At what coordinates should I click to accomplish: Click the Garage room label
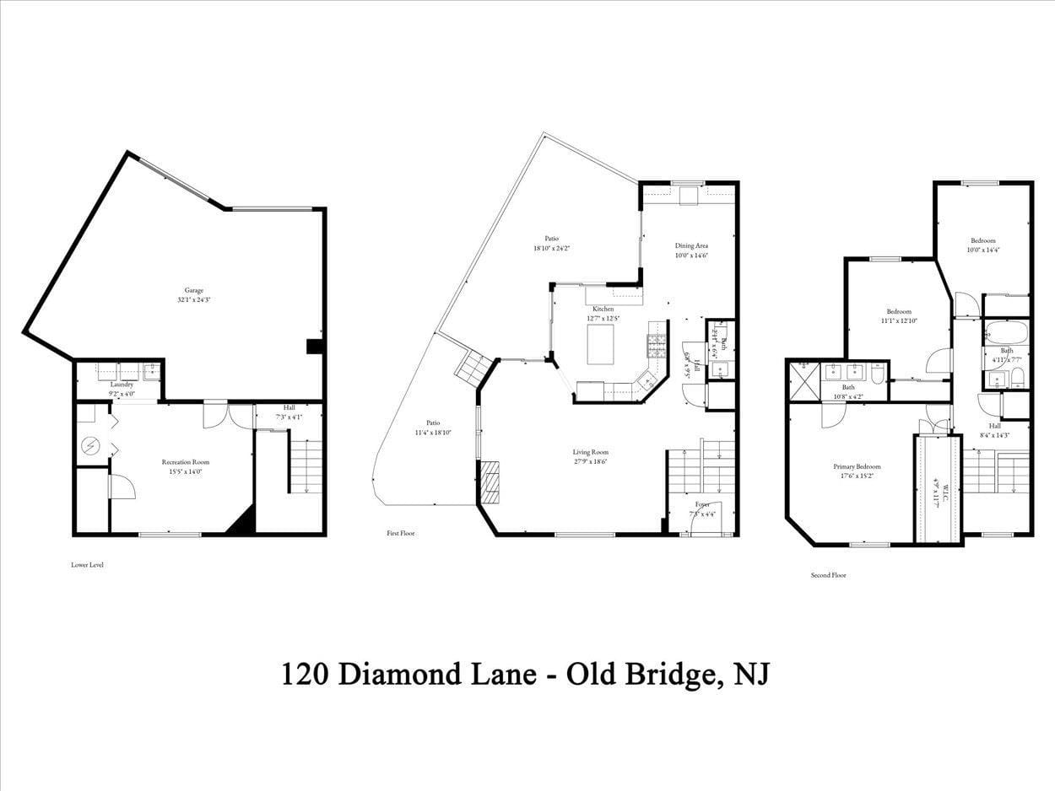tap(190, 294)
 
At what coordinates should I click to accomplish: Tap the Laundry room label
tap(122, 388)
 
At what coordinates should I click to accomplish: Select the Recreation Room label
tap(186, 466)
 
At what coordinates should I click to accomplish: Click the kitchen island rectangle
tap(600, 344)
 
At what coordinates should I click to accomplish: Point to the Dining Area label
tap(690, 250)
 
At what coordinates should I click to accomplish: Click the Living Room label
tap(590, 456)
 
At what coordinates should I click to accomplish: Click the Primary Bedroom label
tap(857, 471)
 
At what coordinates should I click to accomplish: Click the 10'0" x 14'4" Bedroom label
tap(982, 245)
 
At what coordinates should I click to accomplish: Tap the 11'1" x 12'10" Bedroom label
tap(898, 315)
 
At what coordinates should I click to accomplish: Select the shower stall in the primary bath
tap(803, 379)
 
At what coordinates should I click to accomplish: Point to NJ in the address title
tap(752, 675)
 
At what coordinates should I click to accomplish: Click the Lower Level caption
tap(87, 565)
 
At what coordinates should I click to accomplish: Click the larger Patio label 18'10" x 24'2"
tap(551, 244)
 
